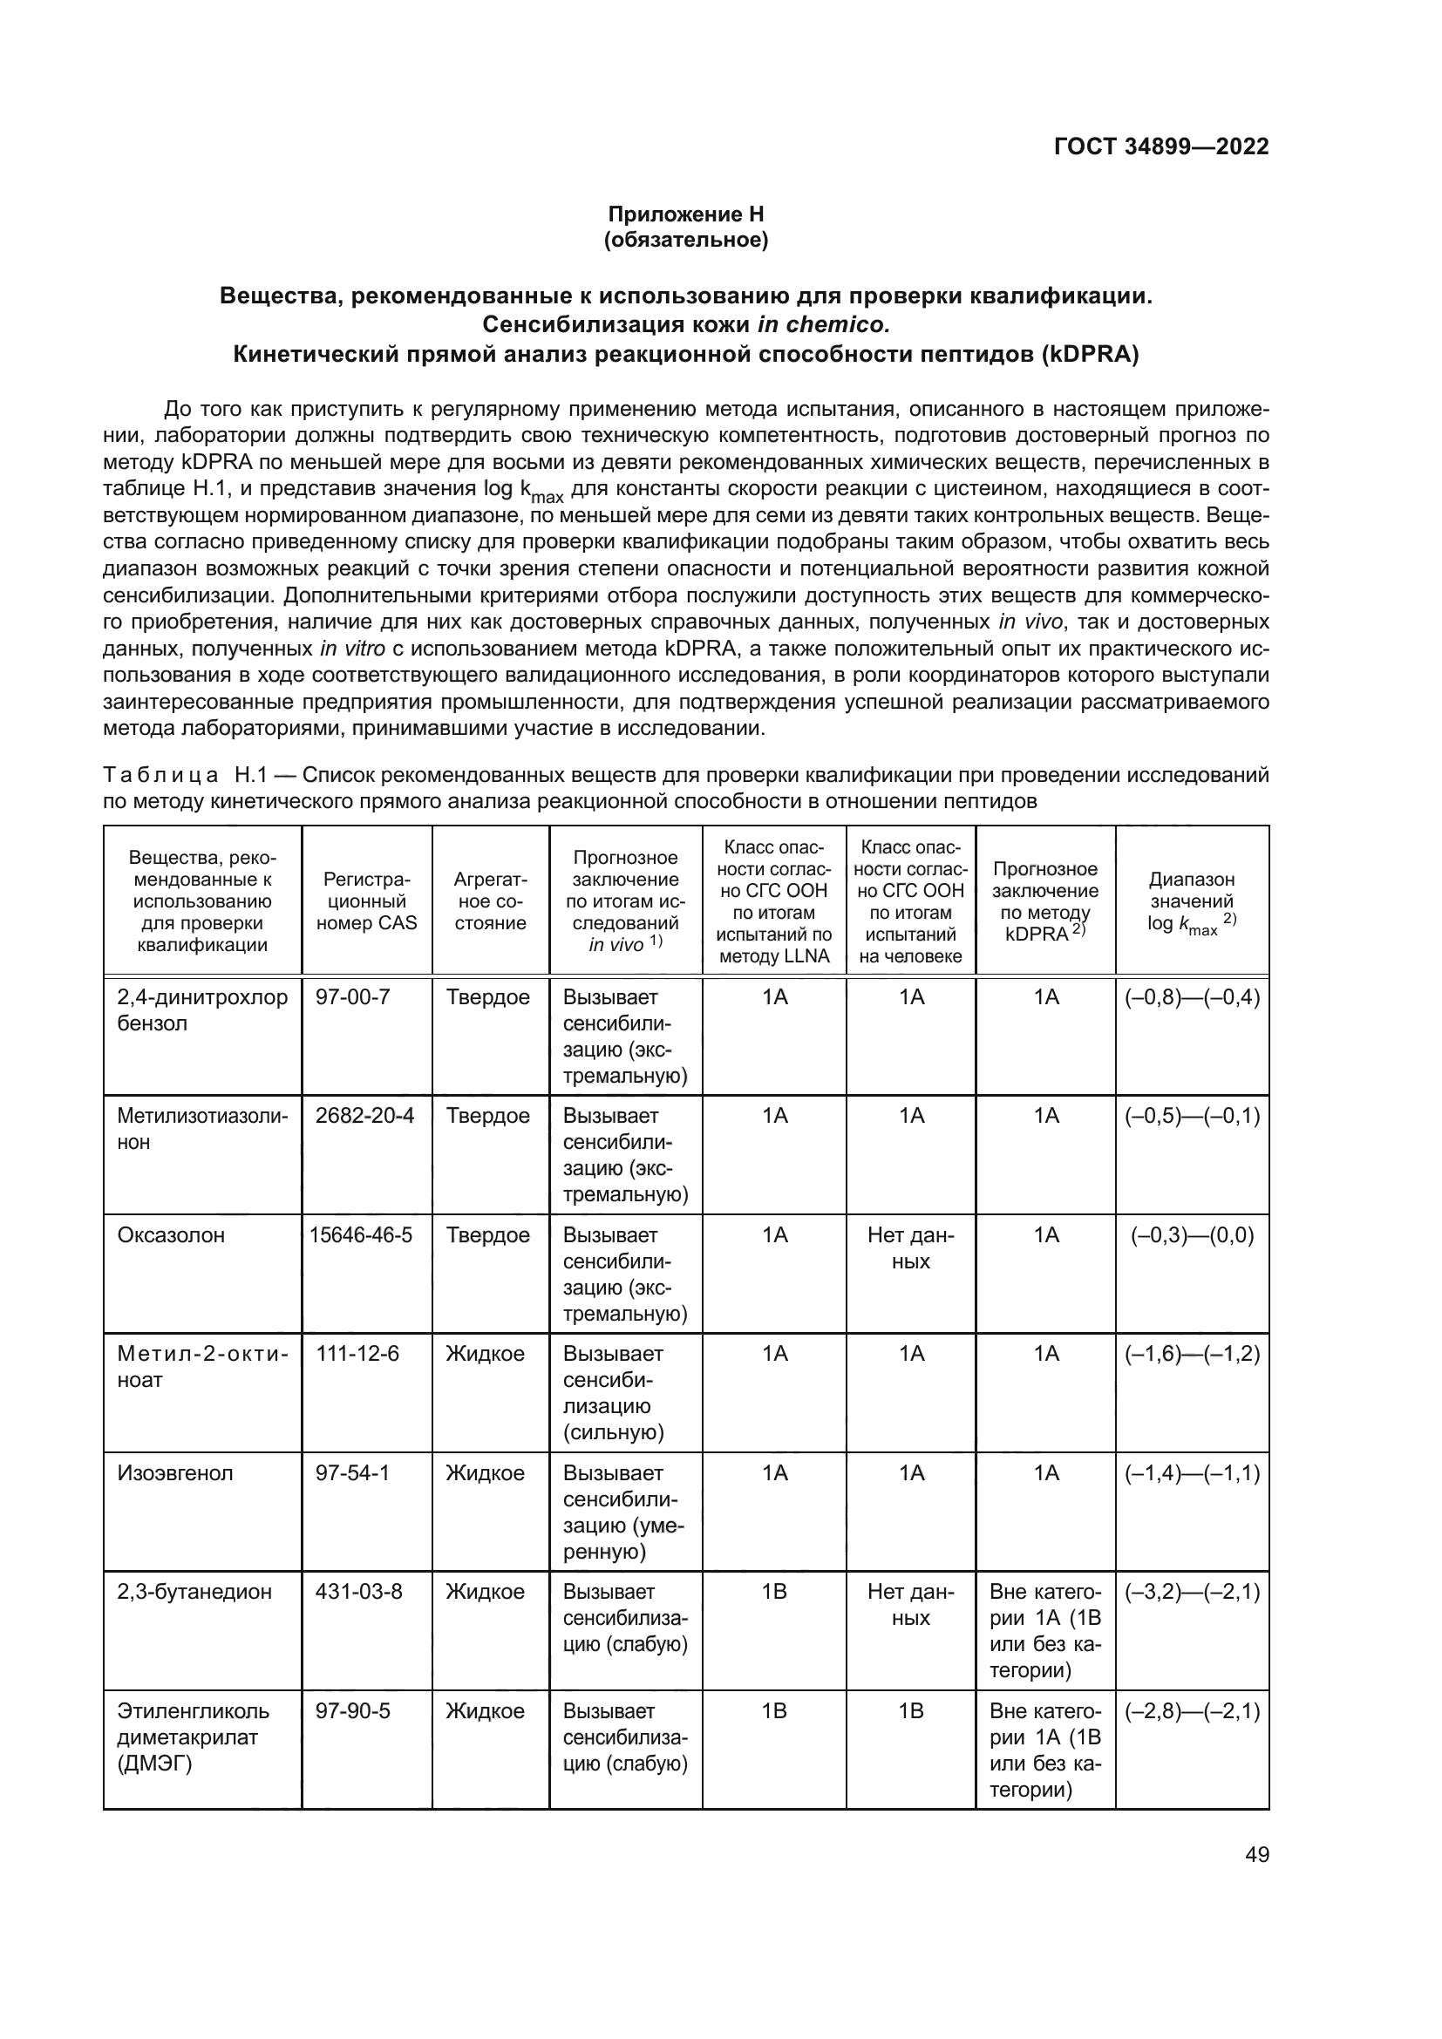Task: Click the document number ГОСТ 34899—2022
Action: click(x=1160, y=146)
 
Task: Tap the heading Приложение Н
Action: click(x=685, y=214)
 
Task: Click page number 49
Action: click(x=1256, y=1854)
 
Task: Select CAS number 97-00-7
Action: click(x=352, y=996)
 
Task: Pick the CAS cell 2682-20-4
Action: click(x=365, y=1116)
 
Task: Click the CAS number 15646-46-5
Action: click(x=362, y=1234)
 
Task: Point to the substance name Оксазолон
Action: click(x=171, y=1234)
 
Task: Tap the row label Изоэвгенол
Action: click(x=175, y=1472)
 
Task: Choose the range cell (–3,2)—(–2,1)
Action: click(x=1192, y=1592)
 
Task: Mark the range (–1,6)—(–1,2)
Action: click(x=1192, y=1354)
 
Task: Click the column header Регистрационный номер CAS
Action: click(x=367, y=901)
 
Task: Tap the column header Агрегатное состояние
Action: click(x=490, y=901)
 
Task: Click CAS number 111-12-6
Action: click(x=357, y=1354)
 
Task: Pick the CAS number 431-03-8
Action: click(x=358, y=1592)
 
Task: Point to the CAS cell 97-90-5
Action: click(x=352, y=1710)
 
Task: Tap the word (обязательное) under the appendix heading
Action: click(x=685, y=240)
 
